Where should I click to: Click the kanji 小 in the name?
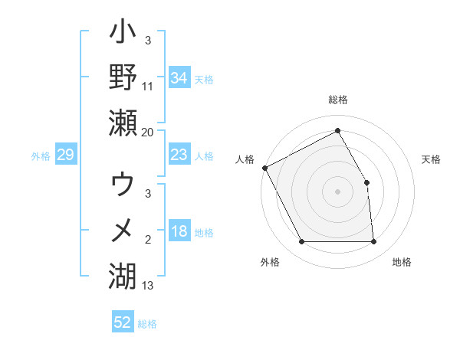[123, 34]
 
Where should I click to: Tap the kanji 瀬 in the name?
[123, 123]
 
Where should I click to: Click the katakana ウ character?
[123, 186]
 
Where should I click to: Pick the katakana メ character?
[123, 230]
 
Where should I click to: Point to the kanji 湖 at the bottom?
[123, 273]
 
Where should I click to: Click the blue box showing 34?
[179, 77]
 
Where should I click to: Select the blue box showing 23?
[179, 155]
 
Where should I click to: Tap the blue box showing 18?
[179, 232]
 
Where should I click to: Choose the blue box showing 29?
[65, 155]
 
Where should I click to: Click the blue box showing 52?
[123, 322]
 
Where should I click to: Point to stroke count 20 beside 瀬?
[148, 133]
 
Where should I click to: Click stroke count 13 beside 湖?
[148, 286]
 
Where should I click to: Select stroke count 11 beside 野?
[148, 87]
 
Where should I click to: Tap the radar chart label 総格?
[337, 100]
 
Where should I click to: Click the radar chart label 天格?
[432, 159]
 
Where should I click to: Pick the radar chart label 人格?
[245, 159]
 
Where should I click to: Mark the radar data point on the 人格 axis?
[264, 168]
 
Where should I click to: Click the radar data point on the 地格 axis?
[373, 242]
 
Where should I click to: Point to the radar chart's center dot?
[337, 191]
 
